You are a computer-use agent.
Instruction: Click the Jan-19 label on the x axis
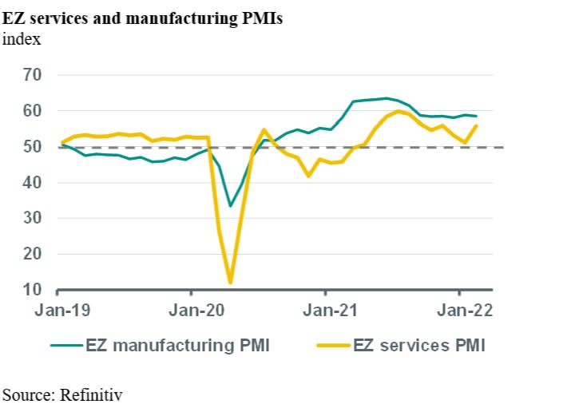coord(61,311)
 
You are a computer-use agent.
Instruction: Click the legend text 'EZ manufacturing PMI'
coord(177,346)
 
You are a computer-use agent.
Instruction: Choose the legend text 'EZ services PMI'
coord(420,346)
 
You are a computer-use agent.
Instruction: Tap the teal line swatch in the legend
coord(66,346)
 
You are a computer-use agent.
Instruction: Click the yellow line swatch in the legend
coord(333,346)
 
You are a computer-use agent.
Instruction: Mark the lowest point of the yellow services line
coord(230,282)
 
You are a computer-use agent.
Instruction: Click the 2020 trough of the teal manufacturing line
coord(230,205)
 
